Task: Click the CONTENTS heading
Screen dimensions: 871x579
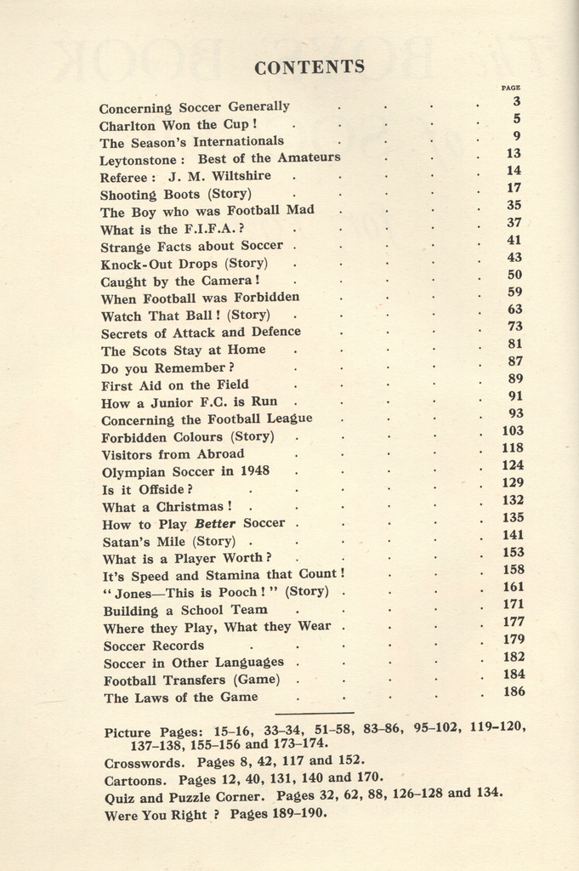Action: coord(309,67)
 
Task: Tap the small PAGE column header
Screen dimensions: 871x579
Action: coord(510,87)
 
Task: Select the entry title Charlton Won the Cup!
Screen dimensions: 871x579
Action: coord(178,125)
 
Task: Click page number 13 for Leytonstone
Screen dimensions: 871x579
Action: coord(513,153)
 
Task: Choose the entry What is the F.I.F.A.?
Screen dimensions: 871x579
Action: coord(173,229)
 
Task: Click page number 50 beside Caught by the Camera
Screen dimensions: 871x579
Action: coord(514,275)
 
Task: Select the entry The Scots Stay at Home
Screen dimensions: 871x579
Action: coord(183,350)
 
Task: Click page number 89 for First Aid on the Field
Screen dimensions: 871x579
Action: coord(515,379)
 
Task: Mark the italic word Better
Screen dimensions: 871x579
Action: coord(214,524)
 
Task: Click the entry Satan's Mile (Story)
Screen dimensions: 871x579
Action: coord(168,541)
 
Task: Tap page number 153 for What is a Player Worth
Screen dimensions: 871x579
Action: coord(514,552)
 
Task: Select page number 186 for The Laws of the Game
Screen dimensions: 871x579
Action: coord(514,692)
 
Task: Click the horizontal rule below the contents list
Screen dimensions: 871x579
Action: coord(315,713)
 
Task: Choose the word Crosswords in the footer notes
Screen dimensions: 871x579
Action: coord(143,763)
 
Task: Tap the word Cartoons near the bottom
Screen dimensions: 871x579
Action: coord(137,780)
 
